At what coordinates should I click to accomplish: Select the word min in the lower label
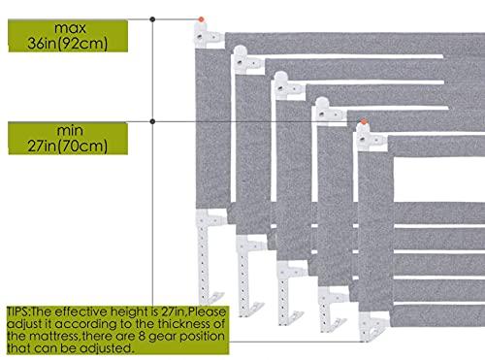63,130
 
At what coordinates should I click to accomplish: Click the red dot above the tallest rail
202,18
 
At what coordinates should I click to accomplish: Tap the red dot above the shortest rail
363,120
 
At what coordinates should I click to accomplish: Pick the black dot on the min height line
152,120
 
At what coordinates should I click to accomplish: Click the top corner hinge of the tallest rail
208,35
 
